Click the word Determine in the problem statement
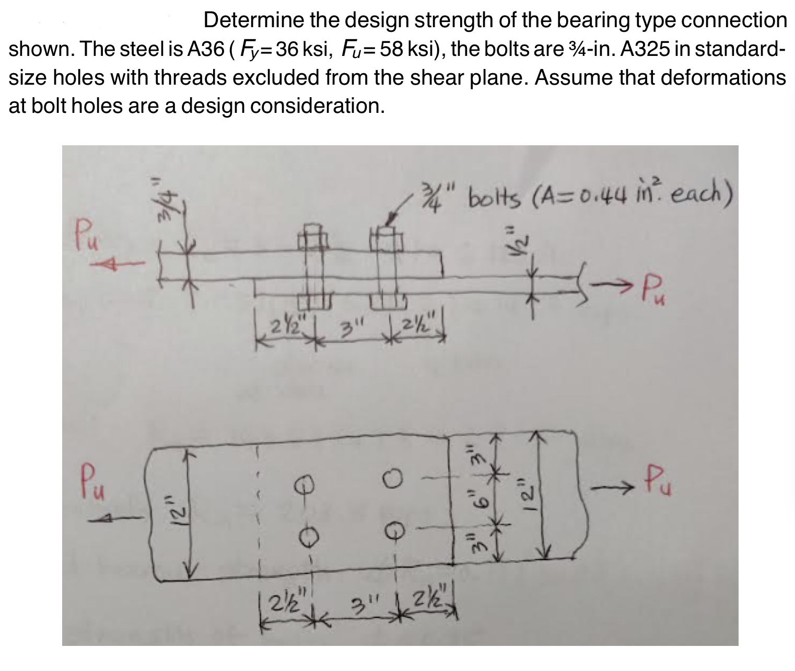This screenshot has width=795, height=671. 250,21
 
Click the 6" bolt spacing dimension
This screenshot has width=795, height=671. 471,501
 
